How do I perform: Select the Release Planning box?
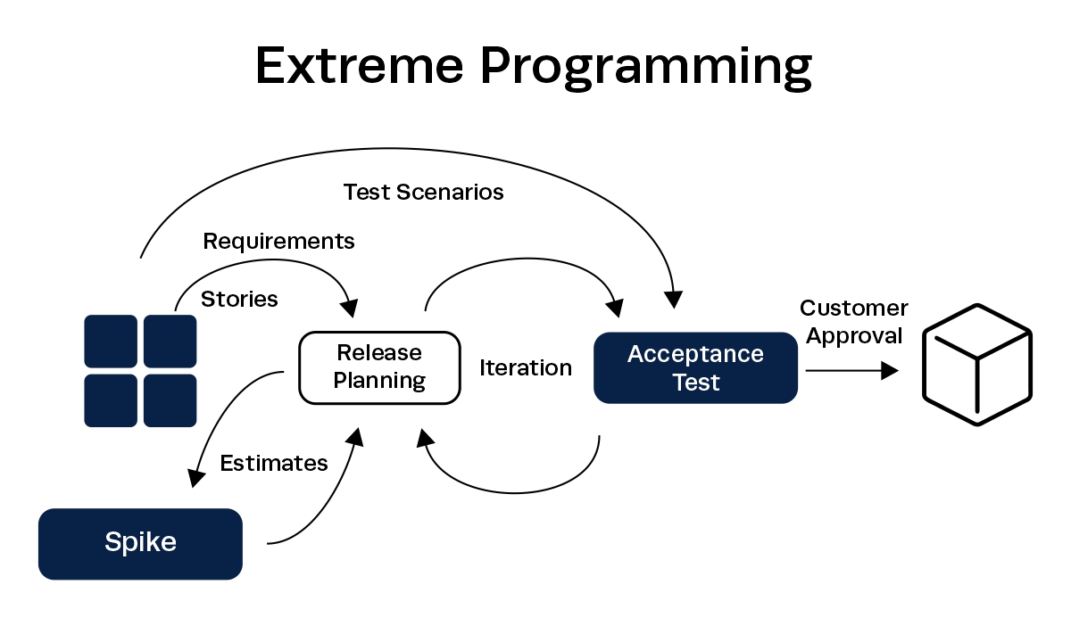(379, 367)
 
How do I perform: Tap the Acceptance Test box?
(695, 367)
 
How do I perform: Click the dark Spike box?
(140, 543)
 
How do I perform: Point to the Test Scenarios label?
(423, 192)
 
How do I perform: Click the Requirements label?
(278, 241)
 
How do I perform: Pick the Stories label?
(239, 299)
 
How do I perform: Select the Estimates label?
(274, 464)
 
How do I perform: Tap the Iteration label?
(526, 367)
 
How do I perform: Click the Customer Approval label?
(853, 322)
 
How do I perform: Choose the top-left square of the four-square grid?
(111, 341)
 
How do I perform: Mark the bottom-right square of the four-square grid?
(170, 399)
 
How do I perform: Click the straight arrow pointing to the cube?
(851, 371)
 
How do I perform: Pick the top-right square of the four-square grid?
(170, 341)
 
